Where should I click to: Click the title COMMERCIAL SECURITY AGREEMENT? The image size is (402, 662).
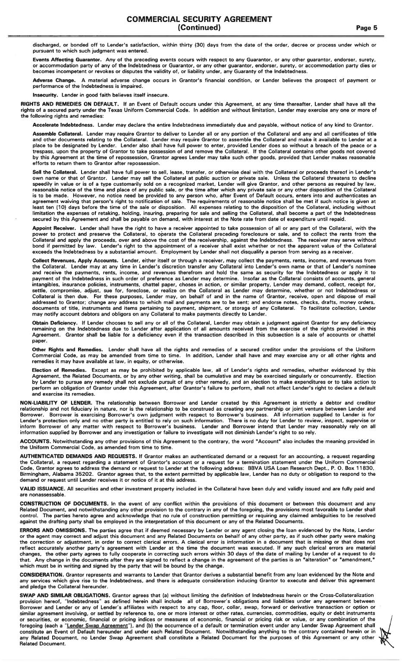(x=199, y=19)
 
